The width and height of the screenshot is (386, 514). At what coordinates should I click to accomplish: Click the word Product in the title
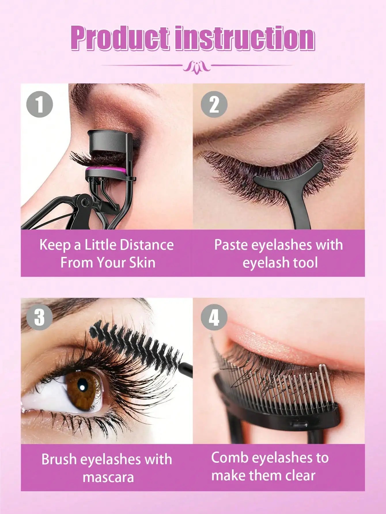coord(120,38)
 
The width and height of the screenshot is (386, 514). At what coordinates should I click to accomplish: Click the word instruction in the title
coord(245,38)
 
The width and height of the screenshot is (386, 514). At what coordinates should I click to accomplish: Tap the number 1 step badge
coord(39,104)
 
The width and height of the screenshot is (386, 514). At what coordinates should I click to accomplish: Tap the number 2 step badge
coord(214,104)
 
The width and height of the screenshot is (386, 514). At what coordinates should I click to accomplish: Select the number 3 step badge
coord(39,317)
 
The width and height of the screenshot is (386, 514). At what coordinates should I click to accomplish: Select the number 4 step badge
coord(214,317)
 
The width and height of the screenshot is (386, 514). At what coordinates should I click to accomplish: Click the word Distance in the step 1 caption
coord(147,245)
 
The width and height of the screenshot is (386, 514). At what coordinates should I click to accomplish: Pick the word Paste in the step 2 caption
coord(231,245)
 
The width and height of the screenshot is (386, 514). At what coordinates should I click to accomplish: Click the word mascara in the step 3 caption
coord(108,477)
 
